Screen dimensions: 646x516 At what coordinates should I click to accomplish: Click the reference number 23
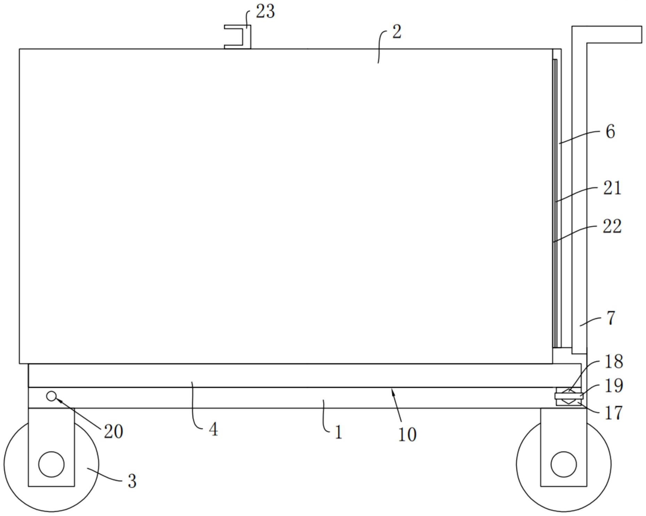click(265, 11)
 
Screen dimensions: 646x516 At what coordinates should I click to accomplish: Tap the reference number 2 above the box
click(397, 32)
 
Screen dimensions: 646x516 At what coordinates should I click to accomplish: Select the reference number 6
click(610, 132)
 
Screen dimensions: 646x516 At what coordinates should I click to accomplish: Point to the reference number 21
click(612, 188)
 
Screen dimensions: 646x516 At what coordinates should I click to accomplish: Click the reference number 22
click(612, 226)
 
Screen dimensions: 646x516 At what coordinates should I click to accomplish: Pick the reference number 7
click(611, 318)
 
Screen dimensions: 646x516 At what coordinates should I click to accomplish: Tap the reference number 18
click(614, 361)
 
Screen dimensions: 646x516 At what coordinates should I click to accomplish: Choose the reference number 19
click(614, 386)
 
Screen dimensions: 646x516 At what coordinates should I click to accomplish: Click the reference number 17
click(614, 413)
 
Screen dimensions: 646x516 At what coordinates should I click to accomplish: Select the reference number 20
click(113, 432)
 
